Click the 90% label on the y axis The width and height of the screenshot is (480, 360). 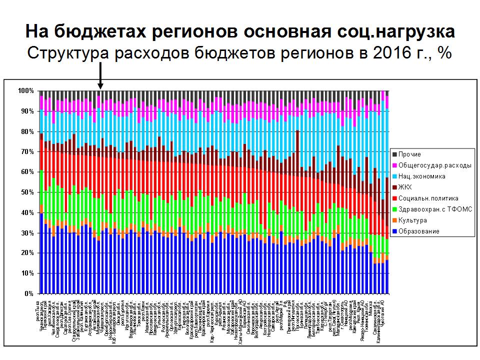click(x=27, y=111)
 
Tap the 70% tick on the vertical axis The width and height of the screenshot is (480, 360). click(x=27, y=151)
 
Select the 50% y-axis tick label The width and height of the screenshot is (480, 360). click(x=27, y=192)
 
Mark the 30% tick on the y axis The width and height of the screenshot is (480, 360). click(x=27, y=233)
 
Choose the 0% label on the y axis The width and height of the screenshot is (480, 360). click(x=28, y=293)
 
